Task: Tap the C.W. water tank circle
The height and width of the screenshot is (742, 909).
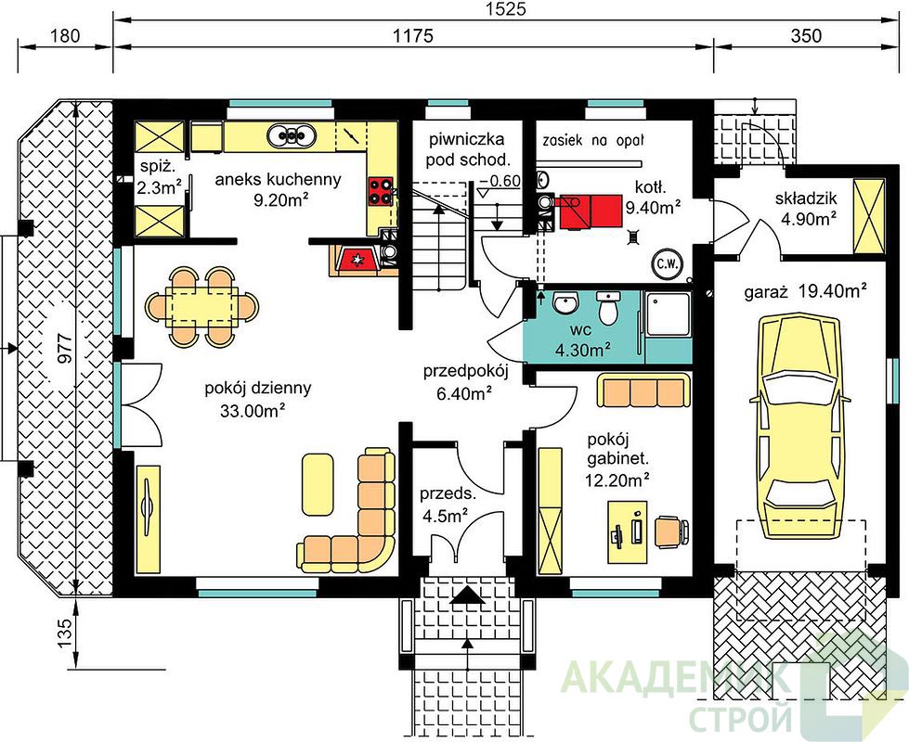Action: pyautogui.click(x=668, y=264)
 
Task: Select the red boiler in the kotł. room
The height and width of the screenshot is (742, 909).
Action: pyautogui.click(x=591, y=211)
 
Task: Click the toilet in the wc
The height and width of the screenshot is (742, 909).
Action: pyautogui.click(x=609, y=308)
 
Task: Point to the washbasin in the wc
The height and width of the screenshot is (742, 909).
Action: pyautogui.click(x=565, y=303)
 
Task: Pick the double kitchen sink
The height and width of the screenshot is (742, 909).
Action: pyautogui.click(x=292, y=135)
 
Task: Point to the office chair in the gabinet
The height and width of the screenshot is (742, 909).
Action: pyautogui.click(x=672, y=531)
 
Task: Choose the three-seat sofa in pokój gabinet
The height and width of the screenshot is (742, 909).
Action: pyautogui.click(x=644, y=391)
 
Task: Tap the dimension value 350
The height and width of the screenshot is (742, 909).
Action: pyautogui.click(x=806, y=36)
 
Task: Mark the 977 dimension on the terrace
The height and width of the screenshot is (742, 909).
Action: pyautogui.click(x=65, y=347)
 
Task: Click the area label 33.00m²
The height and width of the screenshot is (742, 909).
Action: pyautogui.click(x=253, y=411)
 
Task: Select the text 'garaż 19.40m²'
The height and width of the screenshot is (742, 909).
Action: pyautogui.click(x=806, y=291)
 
